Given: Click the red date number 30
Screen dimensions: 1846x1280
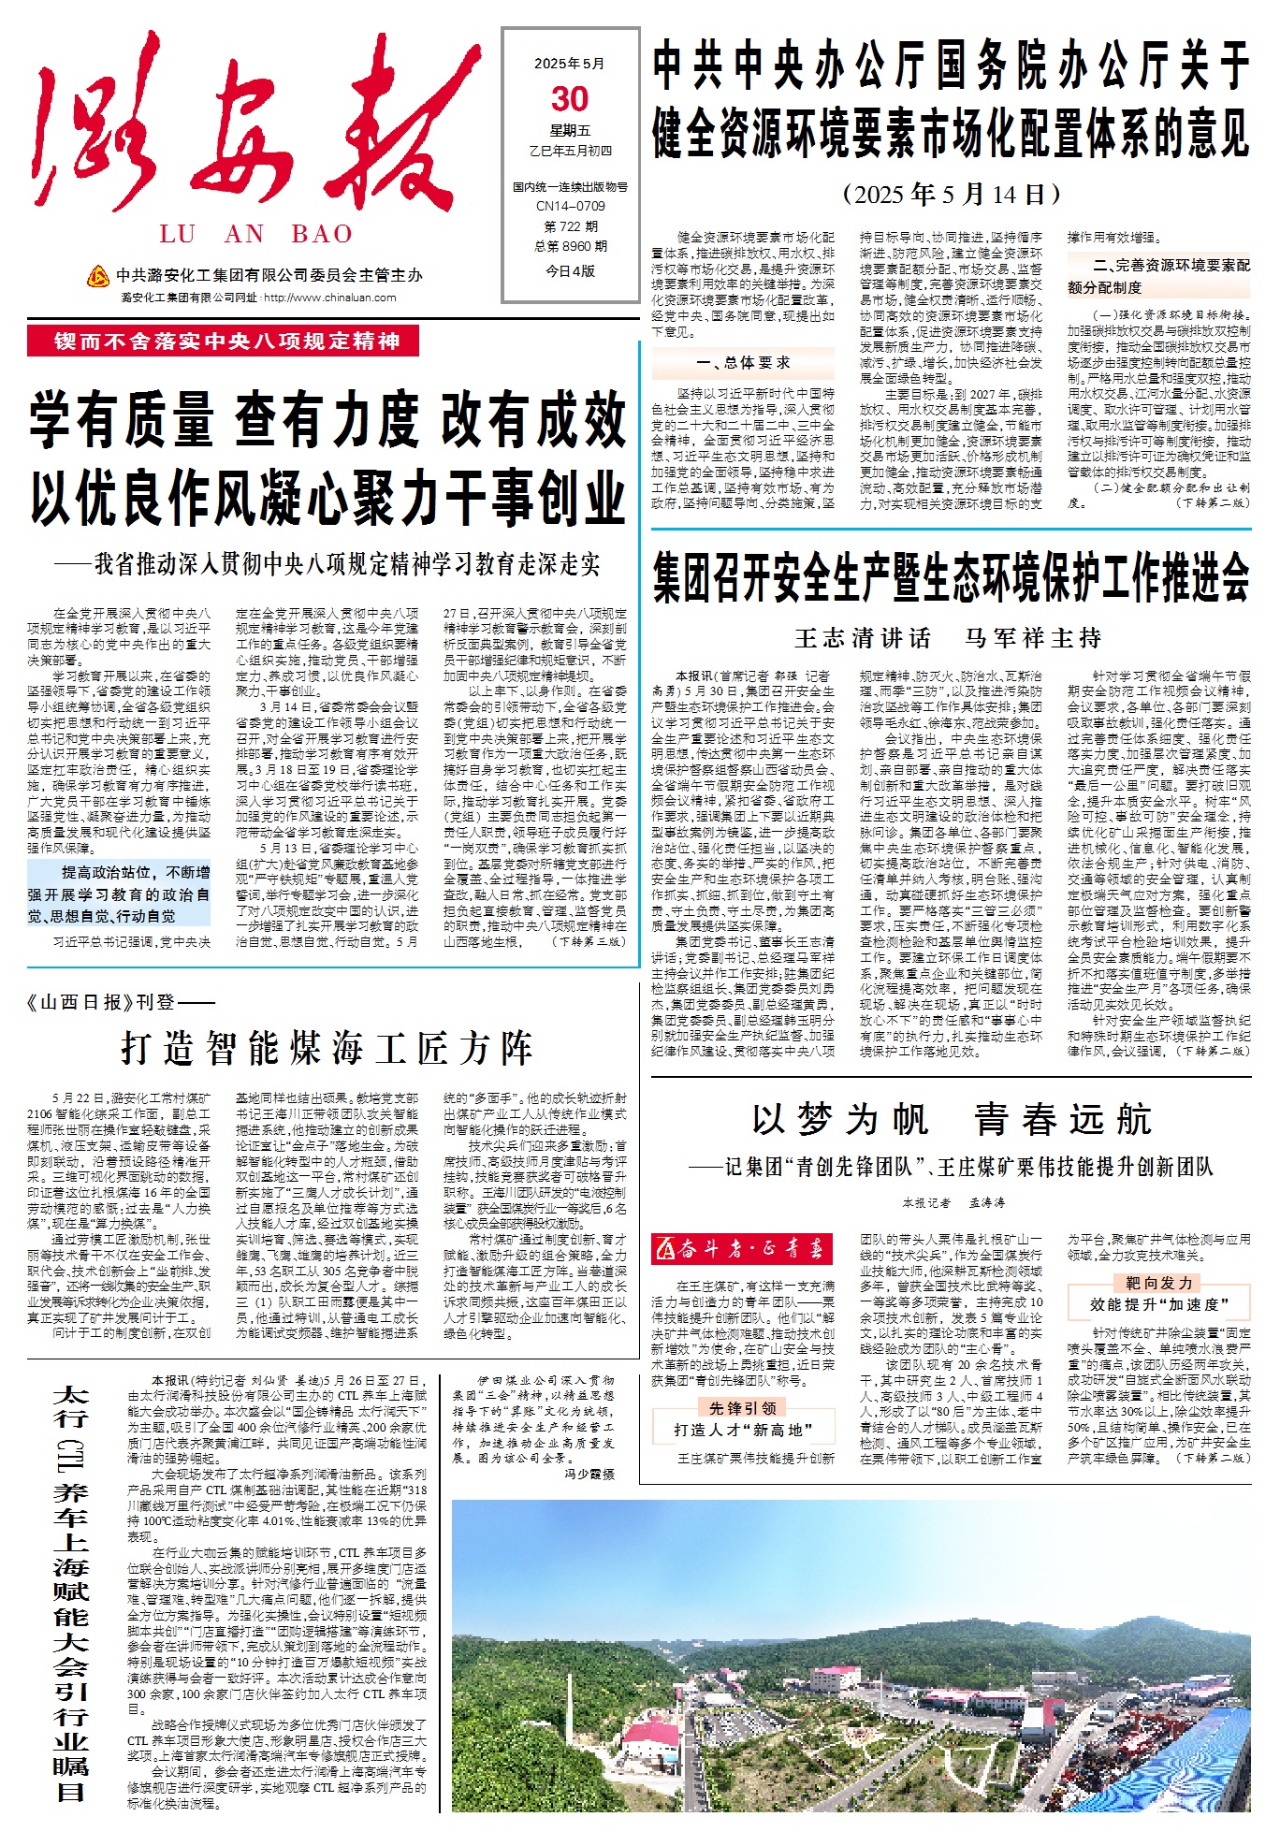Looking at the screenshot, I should coord(570,99).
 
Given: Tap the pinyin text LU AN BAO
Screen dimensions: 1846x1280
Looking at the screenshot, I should coord(255,234).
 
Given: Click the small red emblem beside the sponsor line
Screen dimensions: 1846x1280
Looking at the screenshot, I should coord(98,276).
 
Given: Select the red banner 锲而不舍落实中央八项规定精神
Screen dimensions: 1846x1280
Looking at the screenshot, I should coord(224,341).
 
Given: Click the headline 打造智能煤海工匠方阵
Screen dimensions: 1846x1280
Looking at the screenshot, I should coord(327,1048).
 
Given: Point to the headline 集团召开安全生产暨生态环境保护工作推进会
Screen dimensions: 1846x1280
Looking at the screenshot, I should coord(951,576).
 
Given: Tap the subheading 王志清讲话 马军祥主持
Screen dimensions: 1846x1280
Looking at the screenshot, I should coord(947,638).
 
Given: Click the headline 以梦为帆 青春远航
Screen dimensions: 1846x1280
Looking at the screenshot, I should coord(951,1119).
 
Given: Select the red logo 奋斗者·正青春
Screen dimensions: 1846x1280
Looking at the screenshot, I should coord(742,1248).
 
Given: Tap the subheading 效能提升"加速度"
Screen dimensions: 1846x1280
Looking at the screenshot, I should coord(1158,1303).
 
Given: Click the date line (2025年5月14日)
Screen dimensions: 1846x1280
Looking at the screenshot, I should coord(951,195).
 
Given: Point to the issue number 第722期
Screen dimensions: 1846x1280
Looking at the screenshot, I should coord(570,226).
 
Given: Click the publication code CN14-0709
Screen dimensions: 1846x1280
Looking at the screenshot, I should coord(570,206).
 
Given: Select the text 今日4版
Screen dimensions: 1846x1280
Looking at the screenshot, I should coord(570,271).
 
